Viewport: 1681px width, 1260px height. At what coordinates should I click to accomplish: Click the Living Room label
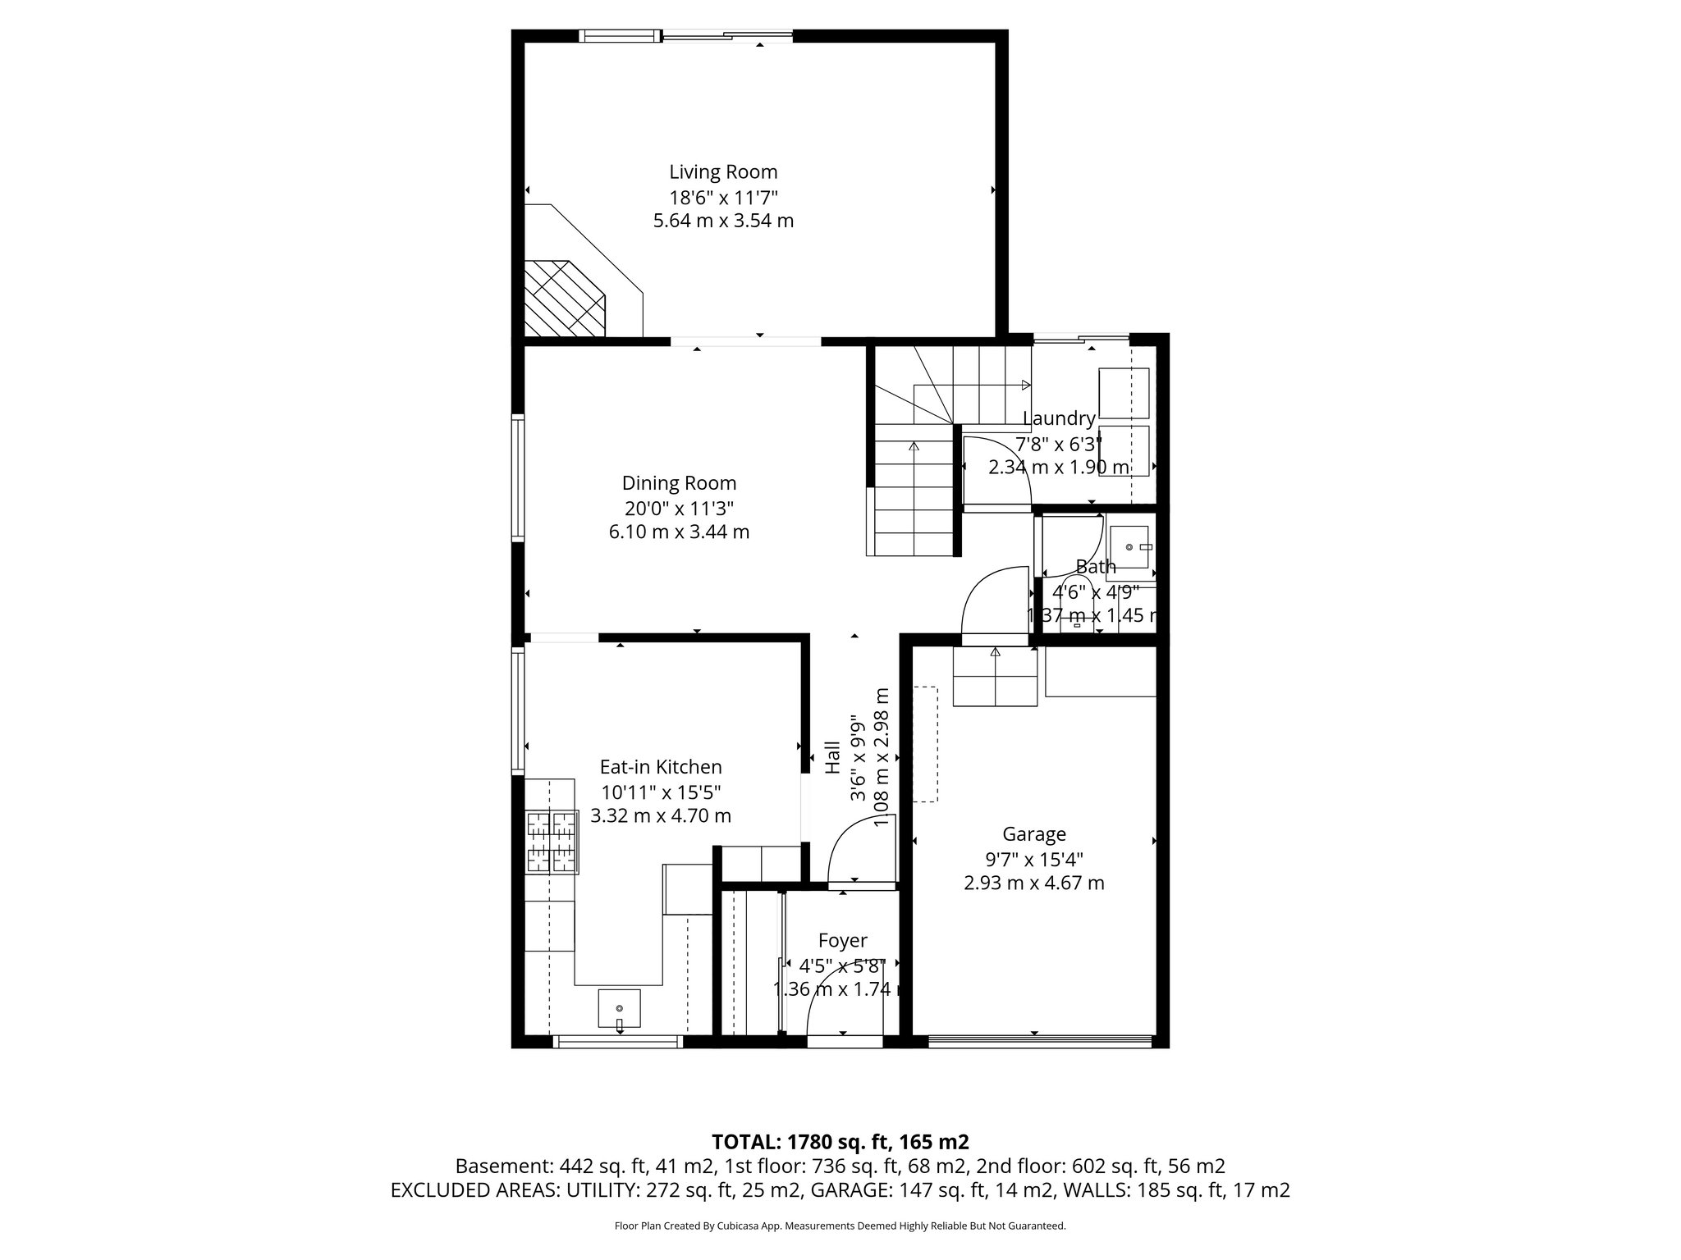(723, 172)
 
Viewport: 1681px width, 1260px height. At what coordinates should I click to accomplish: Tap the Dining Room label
(679, 483)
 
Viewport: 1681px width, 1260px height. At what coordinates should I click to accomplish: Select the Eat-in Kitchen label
(661, 767)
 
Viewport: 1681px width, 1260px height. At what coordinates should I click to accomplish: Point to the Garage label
(1034, 834)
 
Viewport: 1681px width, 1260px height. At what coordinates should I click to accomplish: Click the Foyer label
(842, 941)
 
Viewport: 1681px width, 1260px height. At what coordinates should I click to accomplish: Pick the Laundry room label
(1059, 419)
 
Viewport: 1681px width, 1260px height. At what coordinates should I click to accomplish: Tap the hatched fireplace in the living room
(565, 299)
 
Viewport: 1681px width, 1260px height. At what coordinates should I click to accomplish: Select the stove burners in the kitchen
(552, 841)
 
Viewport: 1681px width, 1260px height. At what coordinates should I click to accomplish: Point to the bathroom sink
(1129, 547)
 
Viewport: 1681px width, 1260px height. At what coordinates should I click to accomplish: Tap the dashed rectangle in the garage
(925, 744)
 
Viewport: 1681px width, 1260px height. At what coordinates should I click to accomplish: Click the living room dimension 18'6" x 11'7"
(723, 197)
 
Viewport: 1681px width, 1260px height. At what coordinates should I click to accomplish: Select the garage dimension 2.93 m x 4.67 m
(1034, 883)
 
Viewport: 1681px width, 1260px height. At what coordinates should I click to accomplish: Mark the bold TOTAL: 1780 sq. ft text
(840, 1142)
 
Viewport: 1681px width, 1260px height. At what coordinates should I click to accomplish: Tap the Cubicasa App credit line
(840, 1226)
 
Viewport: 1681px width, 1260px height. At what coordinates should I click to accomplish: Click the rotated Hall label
(832, 757)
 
